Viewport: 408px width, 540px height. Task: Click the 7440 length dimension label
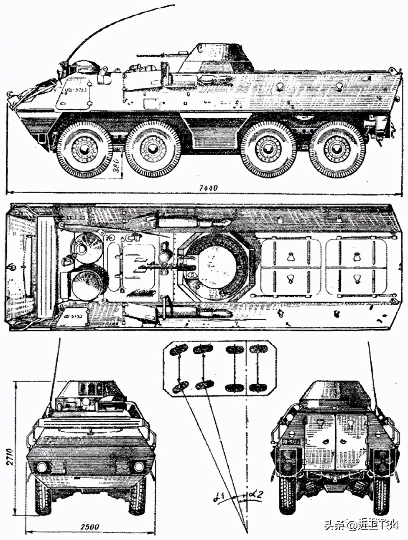208,188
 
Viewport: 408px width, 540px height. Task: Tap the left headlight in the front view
42,466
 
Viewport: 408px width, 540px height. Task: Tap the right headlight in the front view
139,466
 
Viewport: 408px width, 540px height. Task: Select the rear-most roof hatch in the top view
356,267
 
